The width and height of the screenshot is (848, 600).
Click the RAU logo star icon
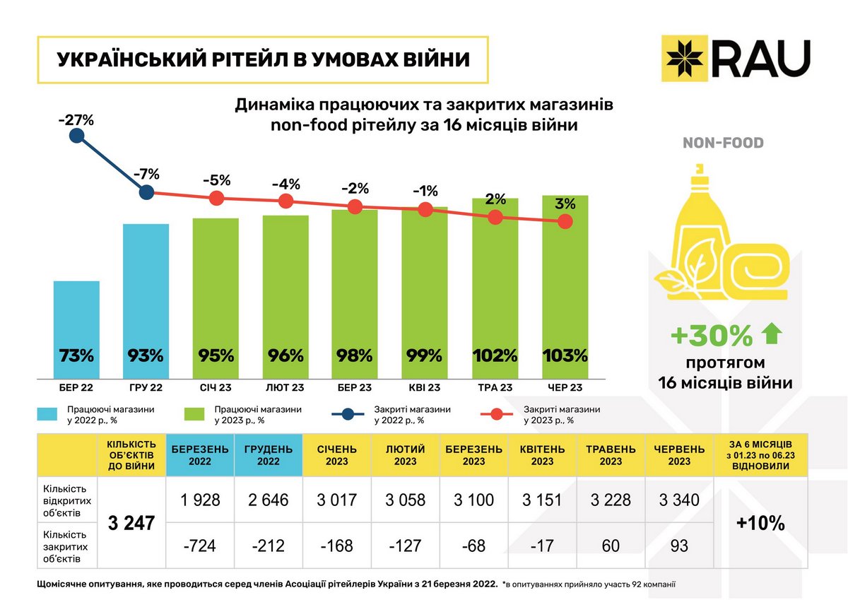click(x=685, y=56)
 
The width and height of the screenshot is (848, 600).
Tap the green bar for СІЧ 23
click(x=216, y=297)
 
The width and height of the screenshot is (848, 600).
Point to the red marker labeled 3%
click(x=565, y=222)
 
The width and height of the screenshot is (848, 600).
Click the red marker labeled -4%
click(x=285, y=201)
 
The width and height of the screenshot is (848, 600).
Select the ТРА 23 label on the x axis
click(x=495, y=387)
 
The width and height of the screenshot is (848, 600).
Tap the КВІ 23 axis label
click(x=424, y=387)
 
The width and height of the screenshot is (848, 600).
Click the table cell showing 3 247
click(x=131, y=524)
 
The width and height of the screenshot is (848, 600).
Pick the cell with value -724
click(x=200, y=546)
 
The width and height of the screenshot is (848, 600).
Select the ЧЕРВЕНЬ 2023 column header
click(x=680, y=455)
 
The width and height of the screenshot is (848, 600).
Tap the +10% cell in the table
click(x=760, y=524)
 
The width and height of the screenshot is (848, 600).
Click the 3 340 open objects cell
click(x=680, y=500)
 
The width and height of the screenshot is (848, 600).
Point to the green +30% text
click(x=712, y=337)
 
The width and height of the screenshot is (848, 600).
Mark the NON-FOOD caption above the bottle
click(x=723, y=143)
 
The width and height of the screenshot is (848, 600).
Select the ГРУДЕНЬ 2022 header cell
click(x=269, y=455)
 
